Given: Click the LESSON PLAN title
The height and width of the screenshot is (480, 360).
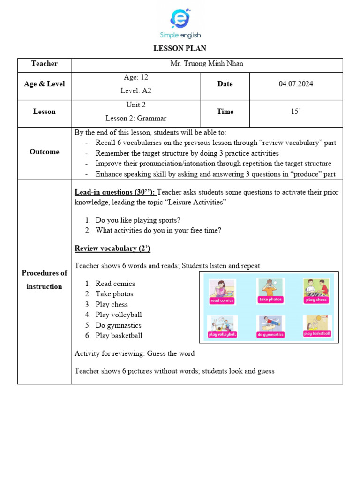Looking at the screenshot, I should click(180, 48).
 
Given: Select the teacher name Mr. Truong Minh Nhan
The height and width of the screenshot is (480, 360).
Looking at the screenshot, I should click(207, 64).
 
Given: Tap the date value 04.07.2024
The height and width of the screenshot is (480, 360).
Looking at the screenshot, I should click(296, 84).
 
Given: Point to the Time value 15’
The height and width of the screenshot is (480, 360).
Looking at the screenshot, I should click(296, 112).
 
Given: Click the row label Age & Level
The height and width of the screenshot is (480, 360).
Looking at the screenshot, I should click(45, 84).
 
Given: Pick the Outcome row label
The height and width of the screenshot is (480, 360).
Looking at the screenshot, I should click(45, 152).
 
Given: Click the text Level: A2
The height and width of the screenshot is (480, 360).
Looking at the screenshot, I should click(136, 91).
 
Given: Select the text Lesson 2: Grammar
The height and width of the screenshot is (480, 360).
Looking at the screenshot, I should click(136, 119).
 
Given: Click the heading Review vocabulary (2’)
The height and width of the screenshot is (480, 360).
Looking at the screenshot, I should click(112, 248).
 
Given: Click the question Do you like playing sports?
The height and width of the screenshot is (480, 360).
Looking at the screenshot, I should click(138, 220).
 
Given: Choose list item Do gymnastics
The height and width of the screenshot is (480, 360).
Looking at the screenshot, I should click(118, 325).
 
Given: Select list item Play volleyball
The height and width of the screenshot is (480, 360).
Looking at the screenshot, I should click(119, 315).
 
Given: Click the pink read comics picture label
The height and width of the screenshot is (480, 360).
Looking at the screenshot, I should click(222, 300).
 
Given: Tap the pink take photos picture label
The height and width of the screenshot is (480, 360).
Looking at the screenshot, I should click(270, 299).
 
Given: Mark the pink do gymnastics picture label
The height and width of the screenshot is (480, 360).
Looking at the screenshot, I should click(270, 335).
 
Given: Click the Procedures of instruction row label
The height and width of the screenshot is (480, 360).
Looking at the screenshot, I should click(45, 280).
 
